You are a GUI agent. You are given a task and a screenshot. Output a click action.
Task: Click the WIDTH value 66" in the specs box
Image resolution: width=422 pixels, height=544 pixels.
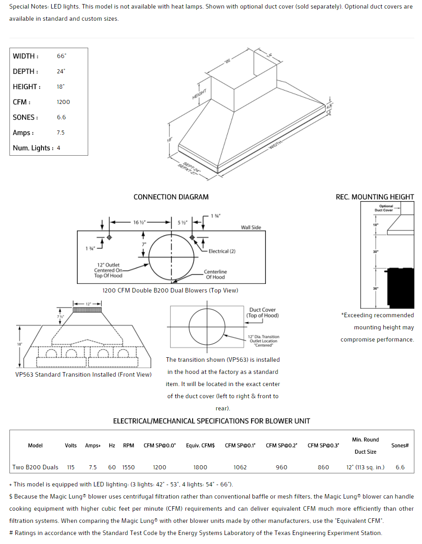(61, 56)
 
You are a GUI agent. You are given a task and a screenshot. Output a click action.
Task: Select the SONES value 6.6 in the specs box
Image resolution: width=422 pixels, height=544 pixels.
(61, 117)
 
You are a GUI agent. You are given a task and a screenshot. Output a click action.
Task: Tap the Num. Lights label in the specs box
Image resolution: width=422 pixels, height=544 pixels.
(33, 148)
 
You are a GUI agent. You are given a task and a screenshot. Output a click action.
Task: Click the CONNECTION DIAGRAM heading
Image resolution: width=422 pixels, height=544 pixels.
(171, 197)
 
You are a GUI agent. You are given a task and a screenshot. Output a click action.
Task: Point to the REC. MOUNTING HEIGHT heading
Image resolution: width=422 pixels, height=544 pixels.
(375, 197)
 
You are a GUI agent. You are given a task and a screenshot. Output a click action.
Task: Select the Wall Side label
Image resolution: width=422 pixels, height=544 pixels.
(251, 227)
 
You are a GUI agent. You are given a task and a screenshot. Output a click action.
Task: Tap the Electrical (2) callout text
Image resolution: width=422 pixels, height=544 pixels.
(222, 251)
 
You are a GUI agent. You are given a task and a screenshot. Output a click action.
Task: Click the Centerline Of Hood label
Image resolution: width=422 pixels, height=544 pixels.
(215, 274)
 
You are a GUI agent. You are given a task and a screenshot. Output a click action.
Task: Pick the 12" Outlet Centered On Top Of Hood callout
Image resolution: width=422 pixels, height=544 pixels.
(108, 270)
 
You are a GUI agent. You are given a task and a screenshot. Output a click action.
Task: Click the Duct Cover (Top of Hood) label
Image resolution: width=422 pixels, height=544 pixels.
(262, 313)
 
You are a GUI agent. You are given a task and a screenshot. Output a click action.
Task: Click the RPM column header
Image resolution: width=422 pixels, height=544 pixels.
(128, 445)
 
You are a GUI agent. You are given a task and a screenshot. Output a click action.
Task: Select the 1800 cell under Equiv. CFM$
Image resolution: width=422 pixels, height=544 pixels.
(200, 467)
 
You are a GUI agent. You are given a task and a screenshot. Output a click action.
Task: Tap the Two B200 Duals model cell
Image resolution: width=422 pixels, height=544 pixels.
(36, 467)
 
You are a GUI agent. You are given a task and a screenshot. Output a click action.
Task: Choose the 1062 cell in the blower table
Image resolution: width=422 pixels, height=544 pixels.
(240, 467)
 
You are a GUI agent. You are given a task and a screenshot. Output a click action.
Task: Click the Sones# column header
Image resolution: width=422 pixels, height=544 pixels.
(400, 445)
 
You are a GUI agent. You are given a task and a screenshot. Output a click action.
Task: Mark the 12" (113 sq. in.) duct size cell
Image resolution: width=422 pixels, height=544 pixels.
(365, 467)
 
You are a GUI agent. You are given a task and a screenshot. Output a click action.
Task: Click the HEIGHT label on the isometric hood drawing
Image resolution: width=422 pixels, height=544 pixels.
(199, 94)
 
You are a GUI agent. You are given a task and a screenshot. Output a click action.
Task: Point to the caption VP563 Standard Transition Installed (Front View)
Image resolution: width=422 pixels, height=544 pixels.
(84, 374)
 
